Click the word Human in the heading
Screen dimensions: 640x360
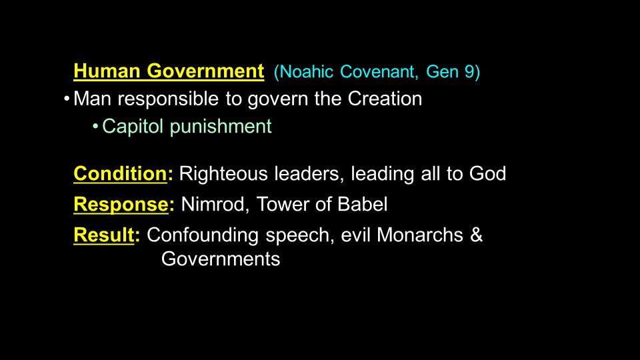pyautogui.click(x=107, y=71)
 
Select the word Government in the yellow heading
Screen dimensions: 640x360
pyautogui.click(x=205, y=71)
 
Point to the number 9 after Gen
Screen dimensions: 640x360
pyautogui.click(x=469, y=72)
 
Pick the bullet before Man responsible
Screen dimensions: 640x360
pyautogui.click(x=67, y=99)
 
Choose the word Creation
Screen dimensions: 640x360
pyautogui.click(x=385, y=99)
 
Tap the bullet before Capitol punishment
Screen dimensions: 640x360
pyautogui.click(x=95, y=127)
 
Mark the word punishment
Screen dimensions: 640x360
pyautogui.click(x=221, y=127)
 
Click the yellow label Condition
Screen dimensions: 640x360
pyautogui.click(x=120, y=173)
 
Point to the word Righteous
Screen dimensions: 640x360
pyautogui.click(x=223, y=174)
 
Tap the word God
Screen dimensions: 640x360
pyautogui.click(x=487, y=173)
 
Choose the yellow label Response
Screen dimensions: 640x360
pyautogui.click(x=121, y=205)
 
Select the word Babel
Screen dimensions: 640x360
pyautogui.click(x=363, y=204)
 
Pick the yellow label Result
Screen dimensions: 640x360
pyautogui.click(x=104, y=235)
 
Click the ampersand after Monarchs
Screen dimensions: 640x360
pyautogui.click(x=476, y=235)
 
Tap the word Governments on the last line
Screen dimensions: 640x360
pyautogui.click(x=221, y=259)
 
